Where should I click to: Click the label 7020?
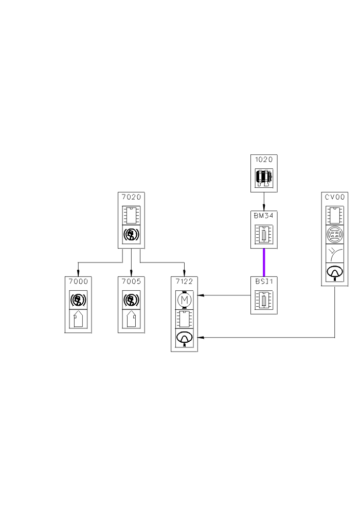point(131,197)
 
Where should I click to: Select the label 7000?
point(78,281)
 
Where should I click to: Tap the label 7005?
point(131,281)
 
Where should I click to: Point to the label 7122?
point(184,281)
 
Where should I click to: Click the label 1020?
point(264,160)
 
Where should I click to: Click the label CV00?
point(335,197)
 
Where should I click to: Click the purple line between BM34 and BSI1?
point(264,262)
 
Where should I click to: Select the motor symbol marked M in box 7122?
point(184,299)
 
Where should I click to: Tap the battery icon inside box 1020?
point(264,178)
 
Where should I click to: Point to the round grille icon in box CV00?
point(335,235)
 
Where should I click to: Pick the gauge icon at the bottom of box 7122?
point(184,338)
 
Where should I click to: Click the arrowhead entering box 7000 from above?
point(78,274)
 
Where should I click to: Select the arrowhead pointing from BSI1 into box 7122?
point(201,295)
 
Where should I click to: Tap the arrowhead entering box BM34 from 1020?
point(264,208)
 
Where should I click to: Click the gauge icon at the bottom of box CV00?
point(335,271)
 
